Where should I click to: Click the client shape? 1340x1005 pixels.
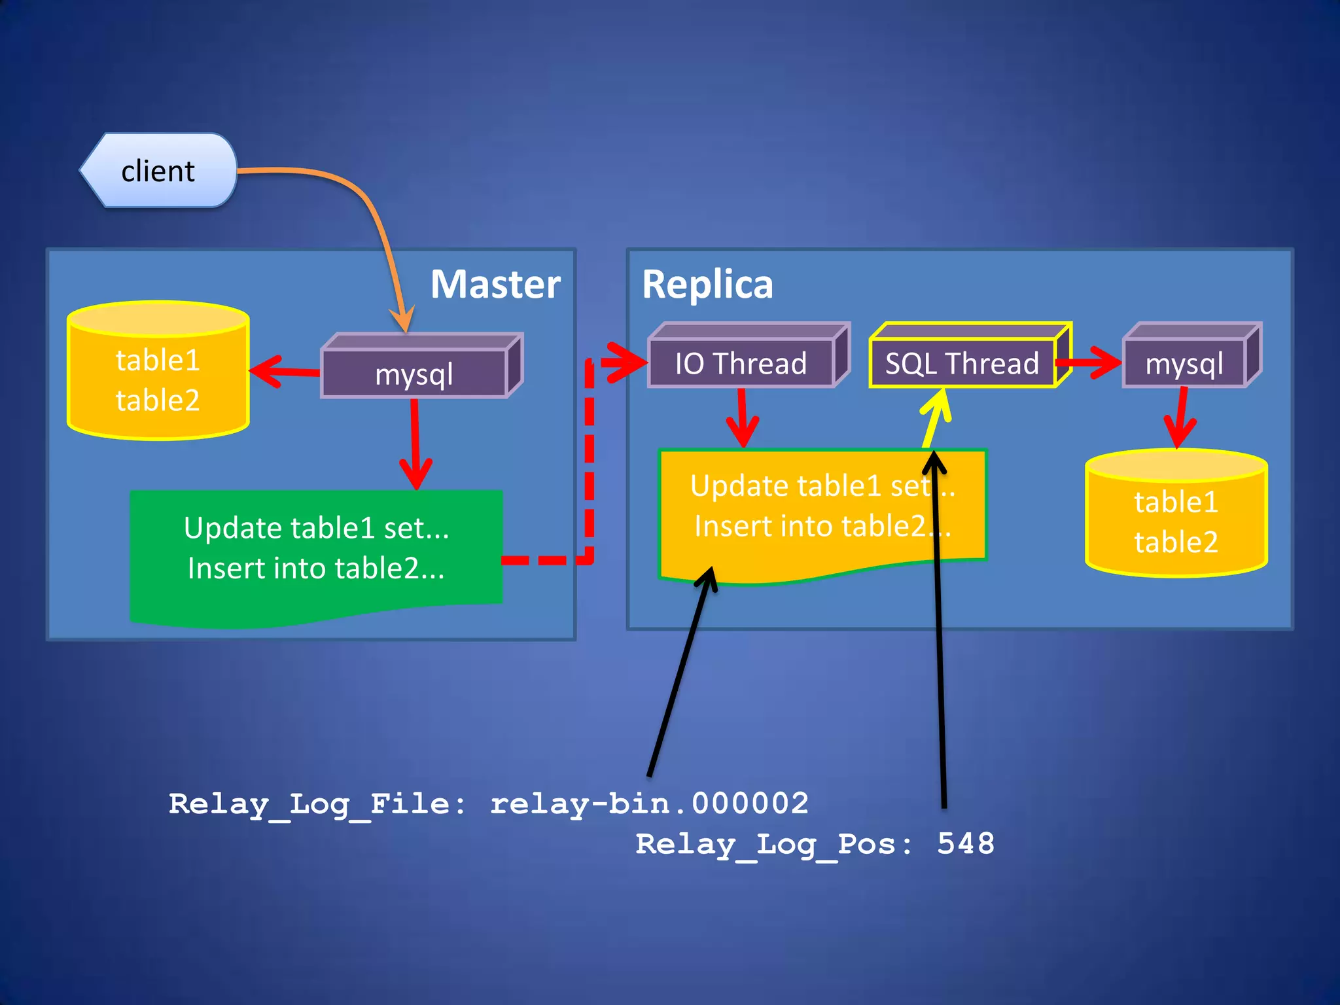158,171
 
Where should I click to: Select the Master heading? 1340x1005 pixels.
495,285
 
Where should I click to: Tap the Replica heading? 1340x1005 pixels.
707,285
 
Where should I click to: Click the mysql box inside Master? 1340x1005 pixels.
414,374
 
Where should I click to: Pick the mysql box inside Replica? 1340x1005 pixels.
1184,363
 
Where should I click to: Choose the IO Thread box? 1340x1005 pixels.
741,363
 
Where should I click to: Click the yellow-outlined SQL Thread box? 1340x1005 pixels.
962,363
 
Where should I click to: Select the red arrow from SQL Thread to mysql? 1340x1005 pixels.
1089,362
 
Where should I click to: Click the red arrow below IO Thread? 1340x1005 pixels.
742,419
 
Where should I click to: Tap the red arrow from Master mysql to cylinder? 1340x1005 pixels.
284,372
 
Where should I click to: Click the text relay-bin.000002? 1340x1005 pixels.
649,803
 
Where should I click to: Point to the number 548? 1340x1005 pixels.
966,843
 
